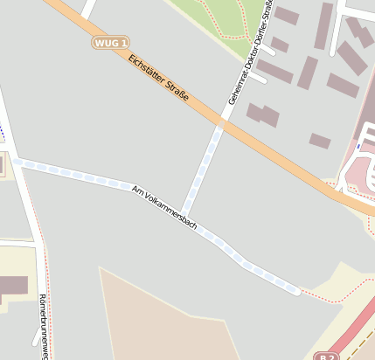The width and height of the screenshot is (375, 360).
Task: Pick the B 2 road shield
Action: click(x=326, y=356)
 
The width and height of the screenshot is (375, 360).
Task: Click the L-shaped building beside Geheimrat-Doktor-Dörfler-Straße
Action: click(x=262, y=114)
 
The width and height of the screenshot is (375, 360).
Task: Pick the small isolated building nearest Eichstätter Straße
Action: click(x=320, y=141)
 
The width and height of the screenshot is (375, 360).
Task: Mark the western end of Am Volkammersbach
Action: click(x=17, y=162)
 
